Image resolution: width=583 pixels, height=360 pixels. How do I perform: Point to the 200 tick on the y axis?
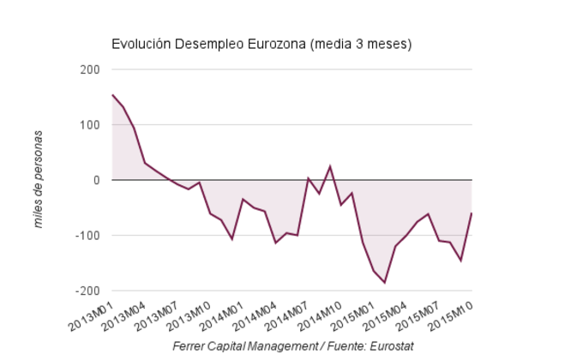(90, 69)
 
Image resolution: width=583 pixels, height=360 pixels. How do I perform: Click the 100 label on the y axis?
(90, 125)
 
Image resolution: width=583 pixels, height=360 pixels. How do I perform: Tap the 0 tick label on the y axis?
(97, 180)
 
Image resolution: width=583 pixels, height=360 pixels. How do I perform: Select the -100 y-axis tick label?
(87, 235)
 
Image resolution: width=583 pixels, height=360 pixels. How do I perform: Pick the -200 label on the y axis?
(87, 291)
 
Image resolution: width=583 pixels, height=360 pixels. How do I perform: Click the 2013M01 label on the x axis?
(93, 314)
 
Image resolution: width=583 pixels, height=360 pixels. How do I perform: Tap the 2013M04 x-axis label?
(125, 314)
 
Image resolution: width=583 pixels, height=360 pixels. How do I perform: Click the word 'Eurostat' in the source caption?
(390, 345)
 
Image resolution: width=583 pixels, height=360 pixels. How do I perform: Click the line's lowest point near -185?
(385, 282)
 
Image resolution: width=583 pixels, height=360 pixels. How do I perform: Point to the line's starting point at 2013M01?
(112, 95)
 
